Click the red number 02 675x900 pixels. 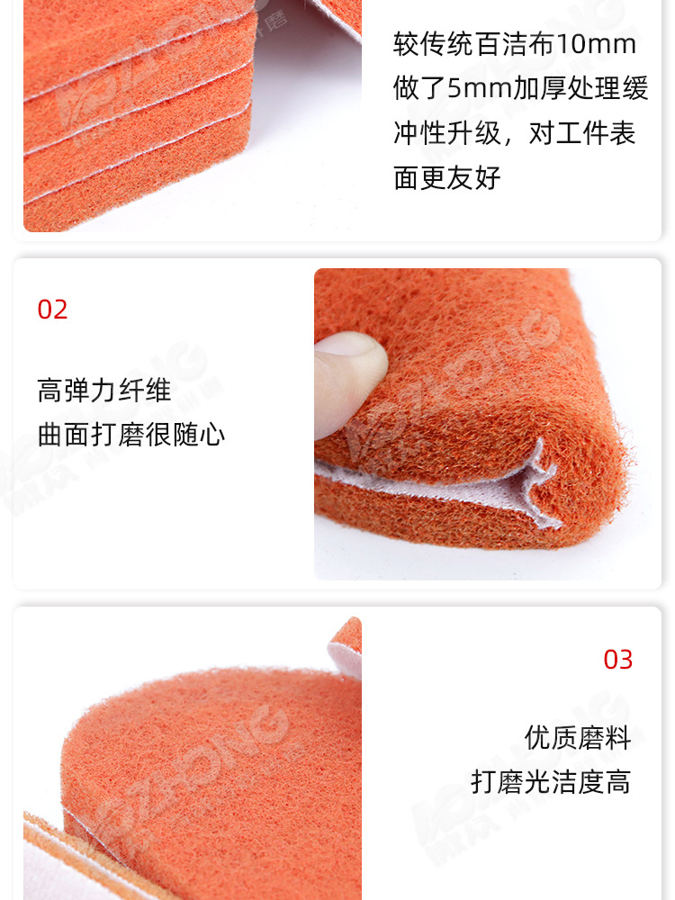tap(52, 310)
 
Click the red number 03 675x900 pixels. tap(617, 660)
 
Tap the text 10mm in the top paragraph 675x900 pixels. tap(597, 44)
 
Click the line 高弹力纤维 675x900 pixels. tap(104, 391)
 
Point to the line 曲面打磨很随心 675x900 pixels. tap(131, 435)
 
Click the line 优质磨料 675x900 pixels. tap(578, 738)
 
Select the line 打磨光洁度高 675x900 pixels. tap(551, 781)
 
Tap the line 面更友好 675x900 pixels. tap(447, 177)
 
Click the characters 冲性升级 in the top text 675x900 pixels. tap(447, 133)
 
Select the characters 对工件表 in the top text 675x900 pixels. tap(582, 133)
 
